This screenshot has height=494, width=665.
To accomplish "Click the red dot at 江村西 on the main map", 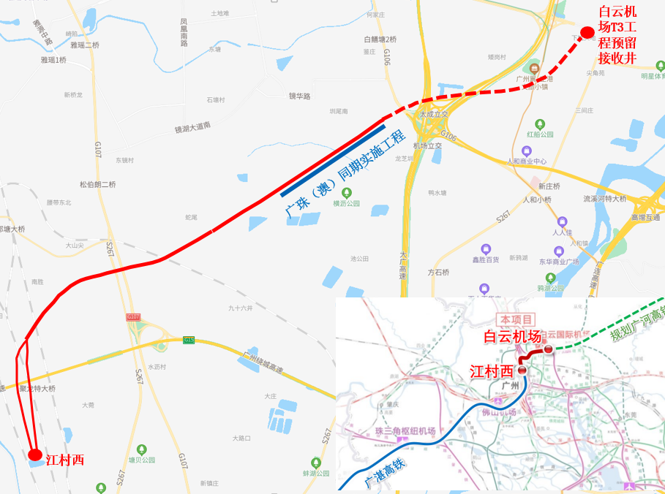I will [x=34, y=455].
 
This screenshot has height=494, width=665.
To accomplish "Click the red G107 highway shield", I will [x=133, y=316].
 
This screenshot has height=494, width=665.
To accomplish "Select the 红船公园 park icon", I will [x=540, y=124].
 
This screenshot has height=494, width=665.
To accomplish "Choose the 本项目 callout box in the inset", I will [x=516, y=319].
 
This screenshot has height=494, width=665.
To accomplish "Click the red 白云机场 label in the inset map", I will [x=512, y=336].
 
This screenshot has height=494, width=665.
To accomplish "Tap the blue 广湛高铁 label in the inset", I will [x=383, y=472].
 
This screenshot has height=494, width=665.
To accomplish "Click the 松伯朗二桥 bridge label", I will [x=98, y=184].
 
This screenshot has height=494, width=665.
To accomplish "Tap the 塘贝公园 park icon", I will [x=143, y=449].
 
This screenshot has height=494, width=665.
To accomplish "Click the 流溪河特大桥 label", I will [x=605, y=198].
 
